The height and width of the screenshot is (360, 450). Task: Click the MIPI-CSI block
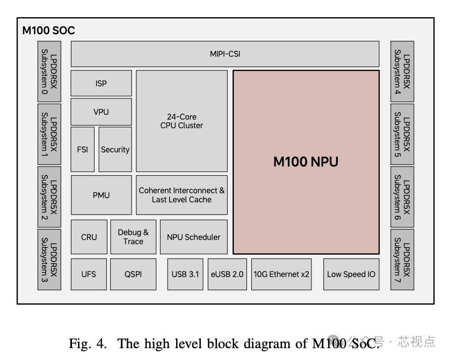tap(225, 54)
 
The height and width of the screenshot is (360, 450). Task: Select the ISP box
tap(101, 83)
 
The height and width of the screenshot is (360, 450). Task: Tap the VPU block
tap(101, 112)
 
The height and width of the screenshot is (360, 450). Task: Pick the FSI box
tap(82, 149)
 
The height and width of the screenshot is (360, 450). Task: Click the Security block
tap(115, 149)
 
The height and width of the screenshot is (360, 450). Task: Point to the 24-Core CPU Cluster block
tap(182, 121)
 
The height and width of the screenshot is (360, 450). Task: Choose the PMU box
tap(101, 195)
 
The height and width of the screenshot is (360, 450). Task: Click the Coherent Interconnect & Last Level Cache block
tap(182, 195)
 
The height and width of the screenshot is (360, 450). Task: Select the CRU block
tap(89, 236)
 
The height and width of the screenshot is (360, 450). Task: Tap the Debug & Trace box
tap(133, 236)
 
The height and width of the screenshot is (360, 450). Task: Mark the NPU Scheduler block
tap(193, 236)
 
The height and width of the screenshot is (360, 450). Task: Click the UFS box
tap(89, 274)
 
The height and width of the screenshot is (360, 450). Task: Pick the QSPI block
tap(133, 274)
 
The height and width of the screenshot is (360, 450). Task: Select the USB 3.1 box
tap(185, 274)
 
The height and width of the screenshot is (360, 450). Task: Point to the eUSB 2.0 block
tap(227, 274)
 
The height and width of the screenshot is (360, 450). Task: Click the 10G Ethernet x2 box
tap(281, 274)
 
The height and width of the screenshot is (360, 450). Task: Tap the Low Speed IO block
tap(351, 274)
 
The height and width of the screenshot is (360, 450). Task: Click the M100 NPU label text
tap(306, 161)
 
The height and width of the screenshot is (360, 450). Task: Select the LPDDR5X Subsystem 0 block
tap(49, 71)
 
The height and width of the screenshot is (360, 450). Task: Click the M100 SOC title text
tap(48, 30)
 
